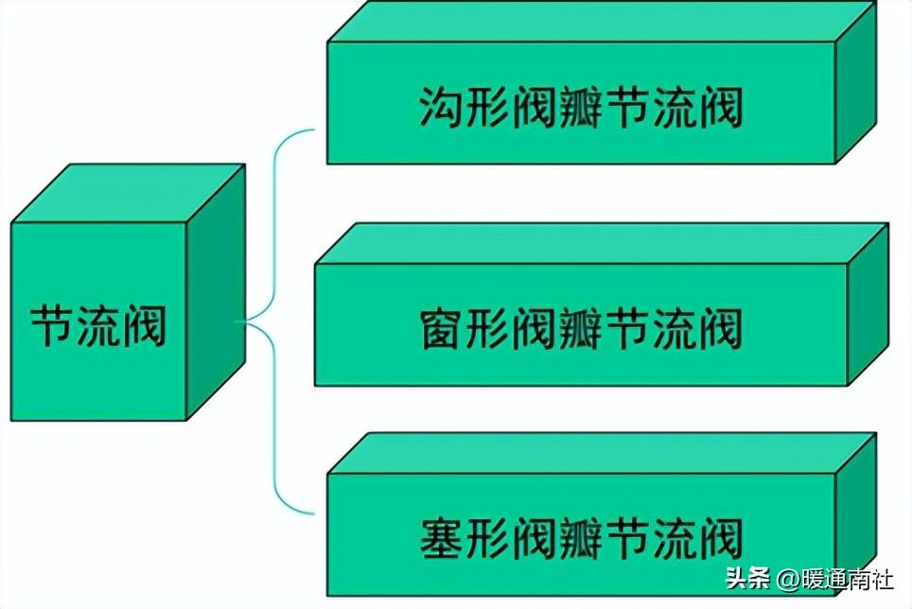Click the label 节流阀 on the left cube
tap(98, 324)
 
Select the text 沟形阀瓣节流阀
tap(580, 109)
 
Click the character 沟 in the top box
tap(440, 109)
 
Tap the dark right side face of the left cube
tap(216, 293)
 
